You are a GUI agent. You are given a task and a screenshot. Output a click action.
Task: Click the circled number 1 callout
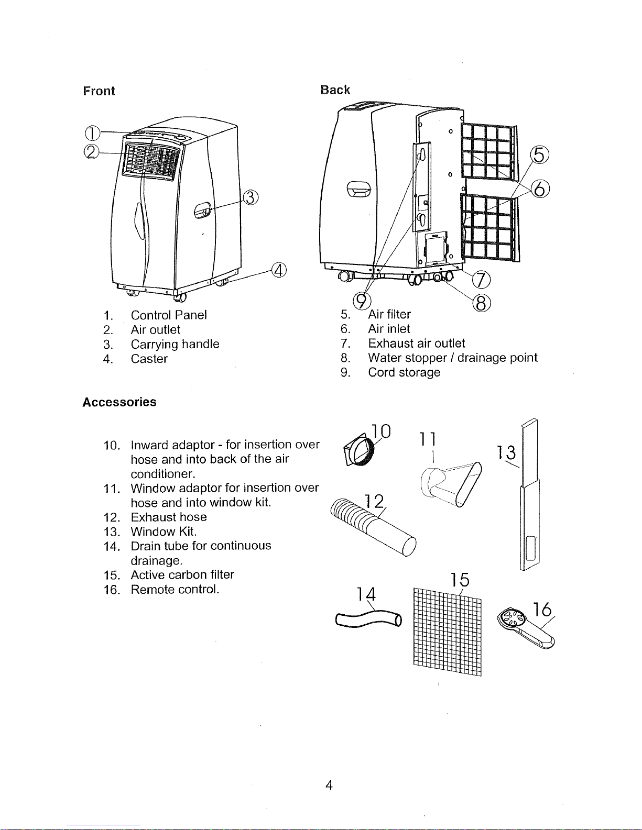92,132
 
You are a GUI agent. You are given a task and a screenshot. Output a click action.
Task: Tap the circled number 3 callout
251,197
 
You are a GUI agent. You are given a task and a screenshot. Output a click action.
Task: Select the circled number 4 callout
279,270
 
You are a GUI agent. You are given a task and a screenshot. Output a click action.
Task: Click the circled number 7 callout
481,280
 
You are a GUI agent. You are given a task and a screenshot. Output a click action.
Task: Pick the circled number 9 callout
362,301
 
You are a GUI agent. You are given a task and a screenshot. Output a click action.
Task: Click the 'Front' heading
99,91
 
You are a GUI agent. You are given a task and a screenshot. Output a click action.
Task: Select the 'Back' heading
335,90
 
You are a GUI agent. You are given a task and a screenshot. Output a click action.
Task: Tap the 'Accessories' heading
119,402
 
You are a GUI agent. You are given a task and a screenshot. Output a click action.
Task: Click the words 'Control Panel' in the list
169,315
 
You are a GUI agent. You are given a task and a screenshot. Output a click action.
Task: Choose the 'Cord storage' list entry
404,372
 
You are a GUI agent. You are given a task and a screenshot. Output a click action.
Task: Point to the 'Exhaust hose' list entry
169,517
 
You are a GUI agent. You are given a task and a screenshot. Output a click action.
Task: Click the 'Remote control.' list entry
175,589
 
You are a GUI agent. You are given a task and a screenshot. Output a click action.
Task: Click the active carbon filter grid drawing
447,632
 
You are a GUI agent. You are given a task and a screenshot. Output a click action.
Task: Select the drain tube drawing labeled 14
368,619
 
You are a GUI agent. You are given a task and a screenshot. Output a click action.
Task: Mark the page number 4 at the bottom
329,784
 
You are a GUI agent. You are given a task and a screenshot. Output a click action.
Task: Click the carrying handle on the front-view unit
202,211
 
